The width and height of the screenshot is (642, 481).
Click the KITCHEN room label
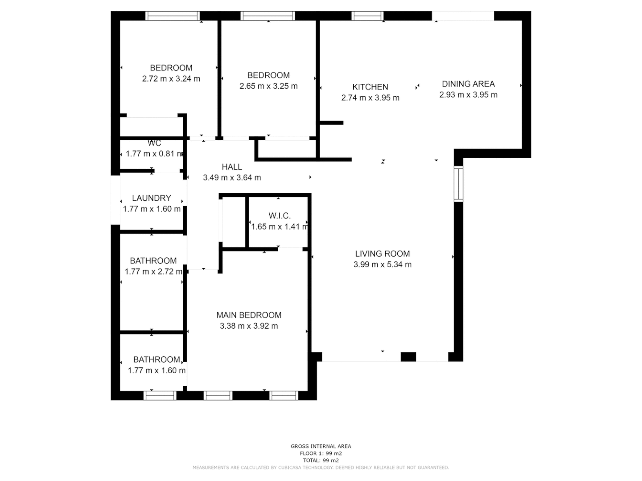click(x=370, y=87)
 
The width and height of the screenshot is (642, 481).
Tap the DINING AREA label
click(x=468, y=84)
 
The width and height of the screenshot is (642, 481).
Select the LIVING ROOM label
click(x=382, y=254)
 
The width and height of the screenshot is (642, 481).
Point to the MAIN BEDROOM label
click(x=249, y=315)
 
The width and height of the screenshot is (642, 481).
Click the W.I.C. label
click(x=280, y=216)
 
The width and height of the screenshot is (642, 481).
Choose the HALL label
click(x=232, y=167)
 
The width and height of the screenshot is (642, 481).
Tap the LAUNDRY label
click(x=152, y=198)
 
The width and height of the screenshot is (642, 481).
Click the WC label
click(x=154, y=143)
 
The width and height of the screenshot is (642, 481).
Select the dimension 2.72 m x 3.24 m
click(x=171, y=79)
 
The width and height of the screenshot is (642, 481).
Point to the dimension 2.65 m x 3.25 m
click(x=268, y=86)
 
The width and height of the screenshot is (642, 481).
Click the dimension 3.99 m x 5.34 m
click(x=382, y=265)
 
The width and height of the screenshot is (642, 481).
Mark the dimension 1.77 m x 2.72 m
click(x=153, y=272)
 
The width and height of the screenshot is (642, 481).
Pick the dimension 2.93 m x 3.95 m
click(x=468, y=95)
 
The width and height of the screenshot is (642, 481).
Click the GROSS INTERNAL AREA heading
click(x=321, y=446)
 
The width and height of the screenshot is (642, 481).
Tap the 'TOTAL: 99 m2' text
click(x=321, y=461)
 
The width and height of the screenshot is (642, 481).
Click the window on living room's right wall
click(x=458, y=183)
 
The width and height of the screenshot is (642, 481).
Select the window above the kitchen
click(x=367, y=16)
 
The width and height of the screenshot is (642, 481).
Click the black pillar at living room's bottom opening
click(x=408, y=357)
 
